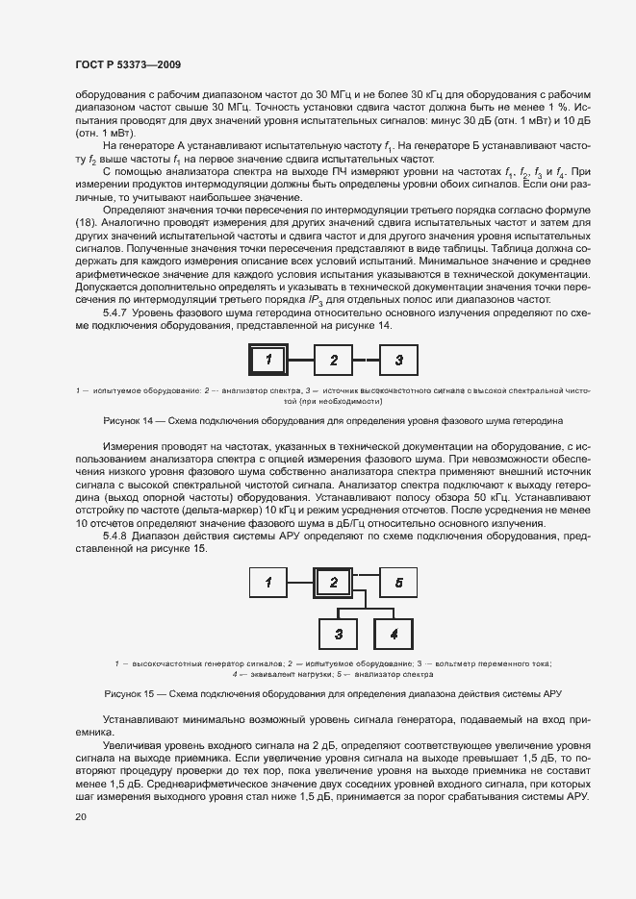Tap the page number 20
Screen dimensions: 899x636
coord(80,816)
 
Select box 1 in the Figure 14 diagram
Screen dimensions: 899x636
coord(270,361)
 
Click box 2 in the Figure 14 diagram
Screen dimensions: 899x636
coord(334,361)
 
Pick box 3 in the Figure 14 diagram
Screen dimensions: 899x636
coord(397,361)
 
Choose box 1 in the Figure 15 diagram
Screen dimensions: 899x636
coord(269,583)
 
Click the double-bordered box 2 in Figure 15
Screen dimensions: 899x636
coord(333,583)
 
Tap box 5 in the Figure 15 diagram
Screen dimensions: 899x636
coord(398,583)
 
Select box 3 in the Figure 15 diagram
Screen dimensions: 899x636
coord(339,634)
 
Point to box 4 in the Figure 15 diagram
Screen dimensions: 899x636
coord(393,634)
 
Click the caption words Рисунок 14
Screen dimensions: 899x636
coord(127,421)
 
